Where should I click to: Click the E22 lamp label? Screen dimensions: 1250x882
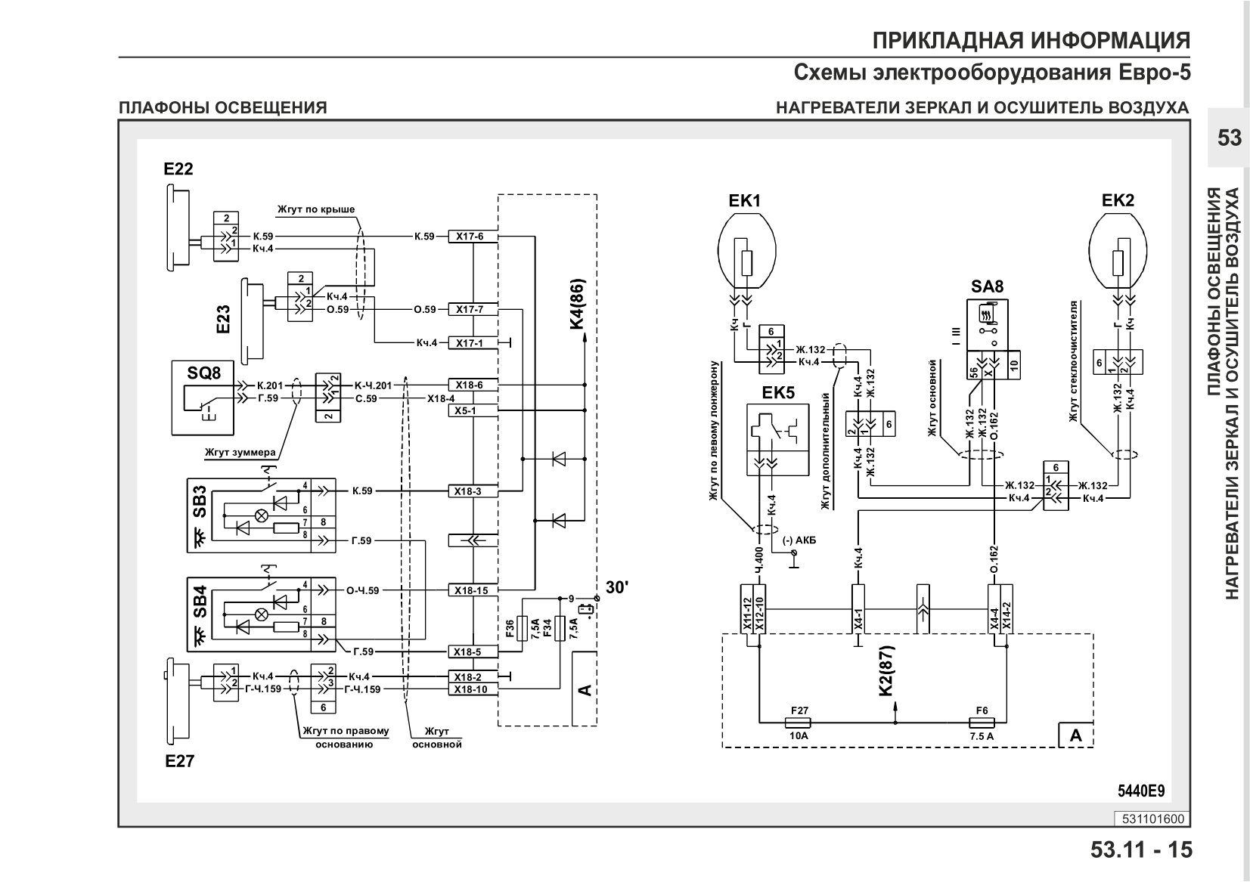coord(178,169)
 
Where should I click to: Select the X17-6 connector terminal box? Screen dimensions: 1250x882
coord(473,237)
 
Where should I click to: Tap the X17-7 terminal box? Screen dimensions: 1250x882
coord(473,310)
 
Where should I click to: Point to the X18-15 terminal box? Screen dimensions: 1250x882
coord(473,590)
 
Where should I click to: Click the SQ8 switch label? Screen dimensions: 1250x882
coord(203,373)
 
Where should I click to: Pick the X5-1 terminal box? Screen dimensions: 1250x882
coord(473,411)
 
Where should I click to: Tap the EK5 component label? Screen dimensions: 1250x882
coord(778,393)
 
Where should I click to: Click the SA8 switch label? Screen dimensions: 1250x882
coord(987,286)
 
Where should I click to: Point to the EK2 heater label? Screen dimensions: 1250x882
coord(1118,200)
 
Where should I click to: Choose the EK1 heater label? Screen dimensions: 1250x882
coord(744,200)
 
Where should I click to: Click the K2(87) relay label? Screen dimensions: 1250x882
coord(886,671)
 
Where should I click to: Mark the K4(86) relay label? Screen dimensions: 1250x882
coord(578,304)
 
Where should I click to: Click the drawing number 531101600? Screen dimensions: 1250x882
coord(1153,819)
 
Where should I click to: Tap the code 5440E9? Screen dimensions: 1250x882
coord(1141,791)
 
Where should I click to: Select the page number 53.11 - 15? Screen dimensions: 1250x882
coord(1141,850)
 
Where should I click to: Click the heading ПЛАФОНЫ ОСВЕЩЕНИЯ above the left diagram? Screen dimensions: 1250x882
coord(222,107)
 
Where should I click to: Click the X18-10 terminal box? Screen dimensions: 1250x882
coord(473,689)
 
